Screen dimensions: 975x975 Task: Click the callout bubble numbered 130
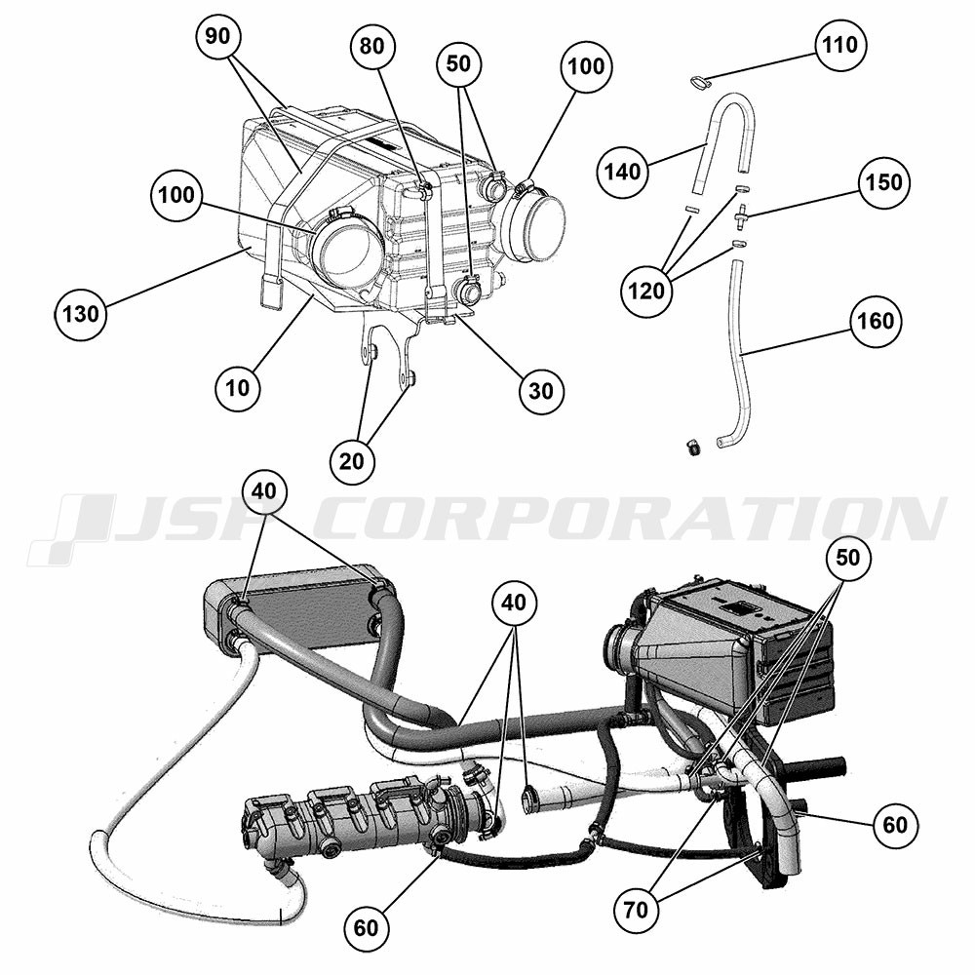pos(81,313)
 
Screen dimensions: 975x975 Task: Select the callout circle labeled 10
pos(238,388)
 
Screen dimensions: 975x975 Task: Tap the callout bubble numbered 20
pos(352,461)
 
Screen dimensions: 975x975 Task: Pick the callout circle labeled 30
pos(541,391)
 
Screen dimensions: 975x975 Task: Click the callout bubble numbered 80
pos(371,46)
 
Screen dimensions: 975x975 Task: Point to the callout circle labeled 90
pos(217,37)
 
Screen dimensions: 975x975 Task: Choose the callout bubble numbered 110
pos(840,45)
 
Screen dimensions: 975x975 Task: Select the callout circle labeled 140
pos(623,171)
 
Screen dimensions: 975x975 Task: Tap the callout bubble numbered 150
pos(883,182)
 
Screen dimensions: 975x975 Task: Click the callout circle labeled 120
pos(646,291)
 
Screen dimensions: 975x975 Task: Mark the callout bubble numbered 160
pos(876,321)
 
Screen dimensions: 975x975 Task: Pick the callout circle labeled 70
pos(636,911)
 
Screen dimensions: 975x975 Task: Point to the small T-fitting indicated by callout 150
pos(741,215)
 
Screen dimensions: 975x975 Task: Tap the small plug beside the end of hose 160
pos(692,448)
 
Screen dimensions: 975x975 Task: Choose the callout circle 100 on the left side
pos(176,195)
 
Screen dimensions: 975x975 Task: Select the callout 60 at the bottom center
pos(366,928)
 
